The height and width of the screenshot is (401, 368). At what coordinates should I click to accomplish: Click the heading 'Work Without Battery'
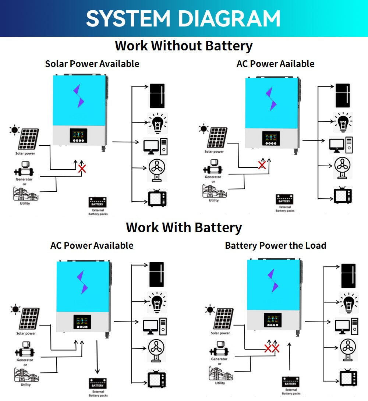click(x=184, y=46)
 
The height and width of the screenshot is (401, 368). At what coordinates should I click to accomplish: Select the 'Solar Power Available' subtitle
click(x=92, y=64)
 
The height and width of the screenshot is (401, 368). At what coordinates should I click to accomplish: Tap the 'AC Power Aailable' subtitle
click(x=275, y=64)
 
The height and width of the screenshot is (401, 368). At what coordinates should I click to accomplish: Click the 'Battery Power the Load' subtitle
click(x=275, y=245)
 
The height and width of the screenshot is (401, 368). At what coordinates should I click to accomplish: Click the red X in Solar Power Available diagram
click(x=82, y=169)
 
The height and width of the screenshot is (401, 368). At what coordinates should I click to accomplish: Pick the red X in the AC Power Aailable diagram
click(x=262, y=164)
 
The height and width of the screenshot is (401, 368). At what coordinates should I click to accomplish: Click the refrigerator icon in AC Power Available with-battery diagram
click(x=156, y=274)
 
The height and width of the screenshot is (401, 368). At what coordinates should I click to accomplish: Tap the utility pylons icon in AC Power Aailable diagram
click(x=213, y=191)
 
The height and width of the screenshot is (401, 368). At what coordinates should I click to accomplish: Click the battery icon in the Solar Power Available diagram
click(x=98, y=202)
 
